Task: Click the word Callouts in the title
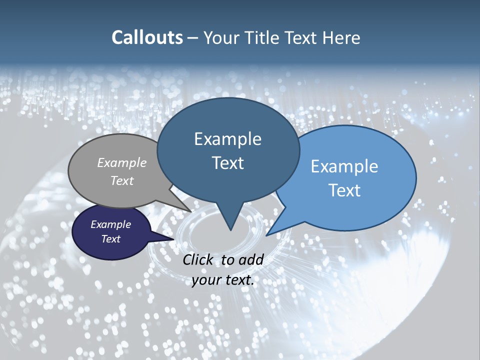[x=147, y=37]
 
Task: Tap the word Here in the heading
[x=341, y=37]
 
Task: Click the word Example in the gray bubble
[x=121, y=162]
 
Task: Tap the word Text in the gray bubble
[x=121, y=180]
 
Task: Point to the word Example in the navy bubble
[x=110, y=224]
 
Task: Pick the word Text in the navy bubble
[x=110, y=239]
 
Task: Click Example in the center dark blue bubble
[x=227, y=139]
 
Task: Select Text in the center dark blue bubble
[x=227, y=163]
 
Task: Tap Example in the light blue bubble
[x=344, y=166]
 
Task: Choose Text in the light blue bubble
[x=344, y=190]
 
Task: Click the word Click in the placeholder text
[x=197, y=259]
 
